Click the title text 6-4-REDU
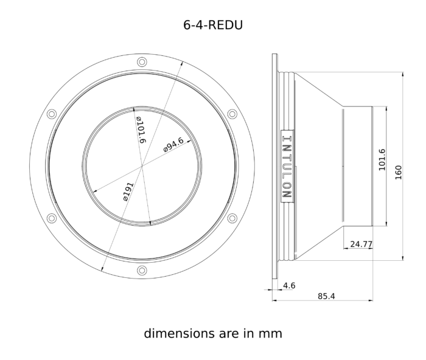coord(213,25)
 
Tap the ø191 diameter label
coord(128,192)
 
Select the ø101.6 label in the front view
coord(141,130)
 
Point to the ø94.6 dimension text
coord(173,145)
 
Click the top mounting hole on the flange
coord(142,62)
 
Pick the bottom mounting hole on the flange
coord(142,270)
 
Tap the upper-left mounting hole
coord(52,114)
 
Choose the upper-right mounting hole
coord(232,114)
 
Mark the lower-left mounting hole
coord(52,218)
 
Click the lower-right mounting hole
coord(232,218)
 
